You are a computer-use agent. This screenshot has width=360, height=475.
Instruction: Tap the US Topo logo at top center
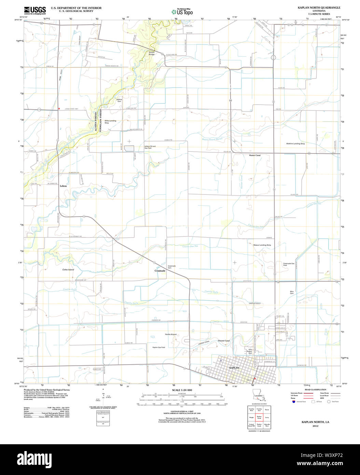[182, 12]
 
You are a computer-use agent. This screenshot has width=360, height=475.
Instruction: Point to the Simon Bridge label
[152, 53]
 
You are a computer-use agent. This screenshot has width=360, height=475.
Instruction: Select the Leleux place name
[63, 186]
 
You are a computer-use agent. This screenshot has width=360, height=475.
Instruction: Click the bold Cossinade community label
[160, 271]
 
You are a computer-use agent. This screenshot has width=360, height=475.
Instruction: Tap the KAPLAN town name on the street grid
[234, 368]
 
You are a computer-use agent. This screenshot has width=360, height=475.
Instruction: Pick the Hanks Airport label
[171, 334]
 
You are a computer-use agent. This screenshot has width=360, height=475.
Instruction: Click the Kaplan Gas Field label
[159, 347]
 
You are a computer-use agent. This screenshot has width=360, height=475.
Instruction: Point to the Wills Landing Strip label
[110, 121]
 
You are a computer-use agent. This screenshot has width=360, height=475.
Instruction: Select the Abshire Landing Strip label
[295, 144]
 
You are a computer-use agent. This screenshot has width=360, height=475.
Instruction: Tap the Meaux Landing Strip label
[262, 245]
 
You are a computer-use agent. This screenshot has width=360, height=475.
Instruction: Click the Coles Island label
[68, 270]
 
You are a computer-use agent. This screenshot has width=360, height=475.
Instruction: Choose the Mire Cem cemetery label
[292, 293]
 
